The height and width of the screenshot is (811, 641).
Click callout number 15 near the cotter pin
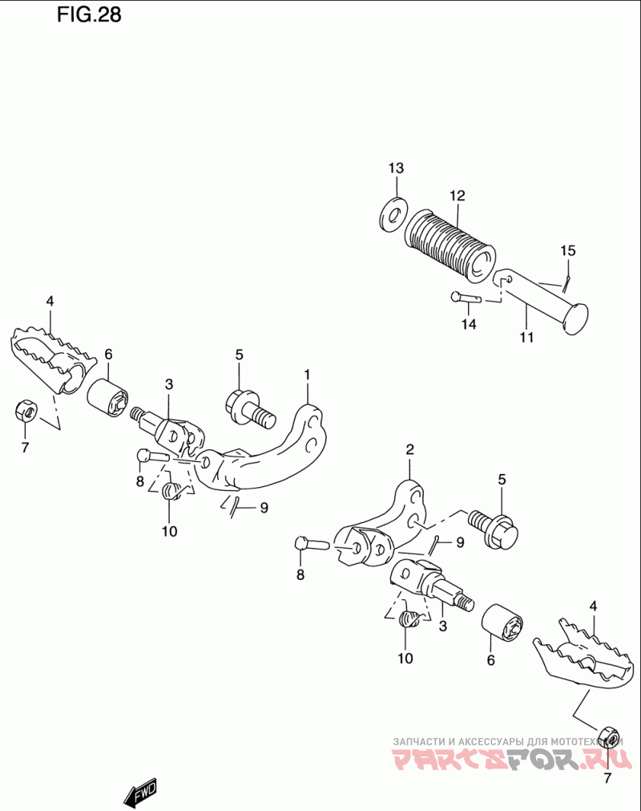coord(567,250)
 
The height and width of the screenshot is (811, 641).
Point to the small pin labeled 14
coord(466,298)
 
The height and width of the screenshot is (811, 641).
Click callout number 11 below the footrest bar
coord(526,337)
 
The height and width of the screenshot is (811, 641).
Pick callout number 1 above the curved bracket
coord(306,374)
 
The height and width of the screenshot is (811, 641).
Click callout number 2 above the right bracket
coord(409,450)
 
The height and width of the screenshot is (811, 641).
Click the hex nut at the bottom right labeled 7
coord(608,737)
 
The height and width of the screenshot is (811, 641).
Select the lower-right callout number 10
coord(405,659)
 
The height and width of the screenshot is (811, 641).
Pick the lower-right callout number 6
coord(491,660)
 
